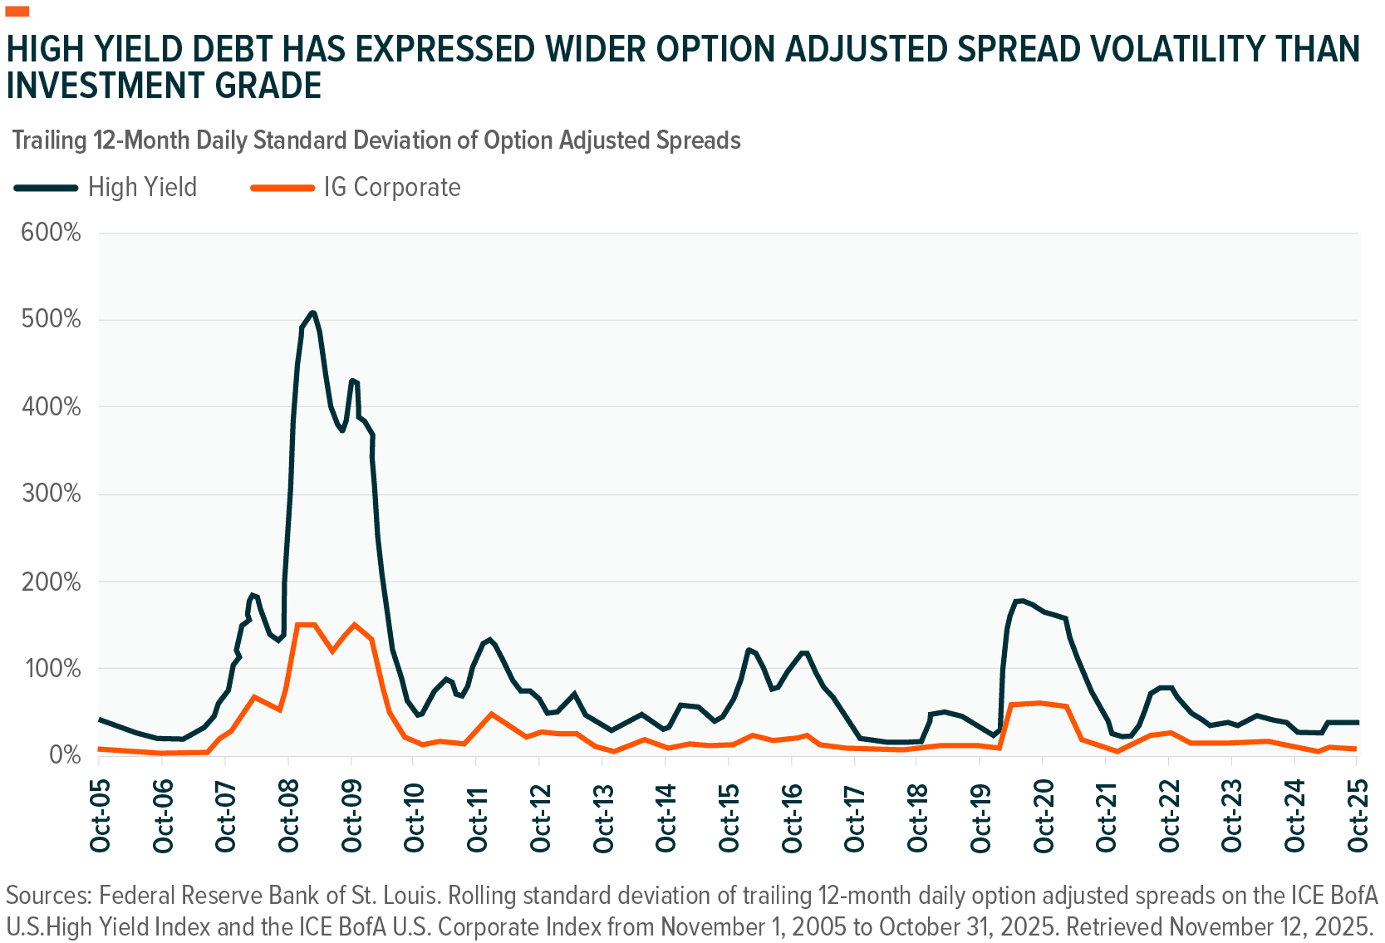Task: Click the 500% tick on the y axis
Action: click(52, 319)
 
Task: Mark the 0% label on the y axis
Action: click(65, 755)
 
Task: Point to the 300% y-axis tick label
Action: click(52, 494)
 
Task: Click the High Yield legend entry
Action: click(142, 187)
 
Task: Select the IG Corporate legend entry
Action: click(391, 187)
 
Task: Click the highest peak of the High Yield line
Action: click(312, 312)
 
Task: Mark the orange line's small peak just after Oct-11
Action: click(491, 714)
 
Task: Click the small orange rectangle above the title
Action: click(17, 11)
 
